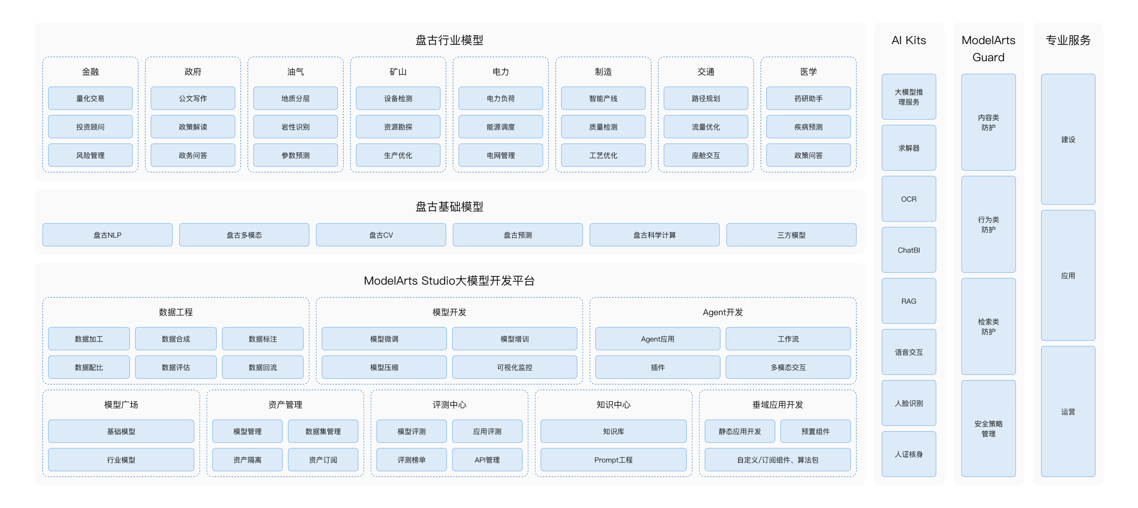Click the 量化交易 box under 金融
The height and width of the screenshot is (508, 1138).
pos(90,98)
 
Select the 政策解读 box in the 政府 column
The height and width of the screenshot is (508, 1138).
pos(193,127)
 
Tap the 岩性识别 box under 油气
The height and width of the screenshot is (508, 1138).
pos(295,127)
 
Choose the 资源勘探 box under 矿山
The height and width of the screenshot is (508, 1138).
pos(398,127)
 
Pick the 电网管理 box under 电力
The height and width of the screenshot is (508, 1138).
pos(500,155)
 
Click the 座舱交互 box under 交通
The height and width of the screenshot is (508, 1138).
pos(706,155)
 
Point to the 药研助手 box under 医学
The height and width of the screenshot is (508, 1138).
pos(808,98)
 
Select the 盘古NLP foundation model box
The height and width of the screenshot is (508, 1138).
pos(107,234)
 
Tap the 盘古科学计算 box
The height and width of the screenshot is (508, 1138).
pos(654,234)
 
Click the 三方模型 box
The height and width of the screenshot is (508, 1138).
pos(791,234)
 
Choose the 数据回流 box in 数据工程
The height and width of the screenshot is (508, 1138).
pos(262,367)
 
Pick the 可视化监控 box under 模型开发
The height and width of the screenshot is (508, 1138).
pos(514,367)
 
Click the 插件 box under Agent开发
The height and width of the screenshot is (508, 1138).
pos(657,367)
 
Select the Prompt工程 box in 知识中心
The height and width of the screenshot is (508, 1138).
pos(613,459)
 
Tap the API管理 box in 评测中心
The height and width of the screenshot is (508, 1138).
pos(487,459)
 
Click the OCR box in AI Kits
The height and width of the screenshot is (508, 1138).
pos(909,199)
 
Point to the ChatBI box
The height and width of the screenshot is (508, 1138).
pos(909,250)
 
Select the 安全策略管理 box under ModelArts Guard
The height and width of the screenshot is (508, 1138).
pos(988,428)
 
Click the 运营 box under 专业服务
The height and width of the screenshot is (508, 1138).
pos(1068,411)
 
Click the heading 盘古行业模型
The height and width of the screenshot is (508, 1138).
pos(449,40)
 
